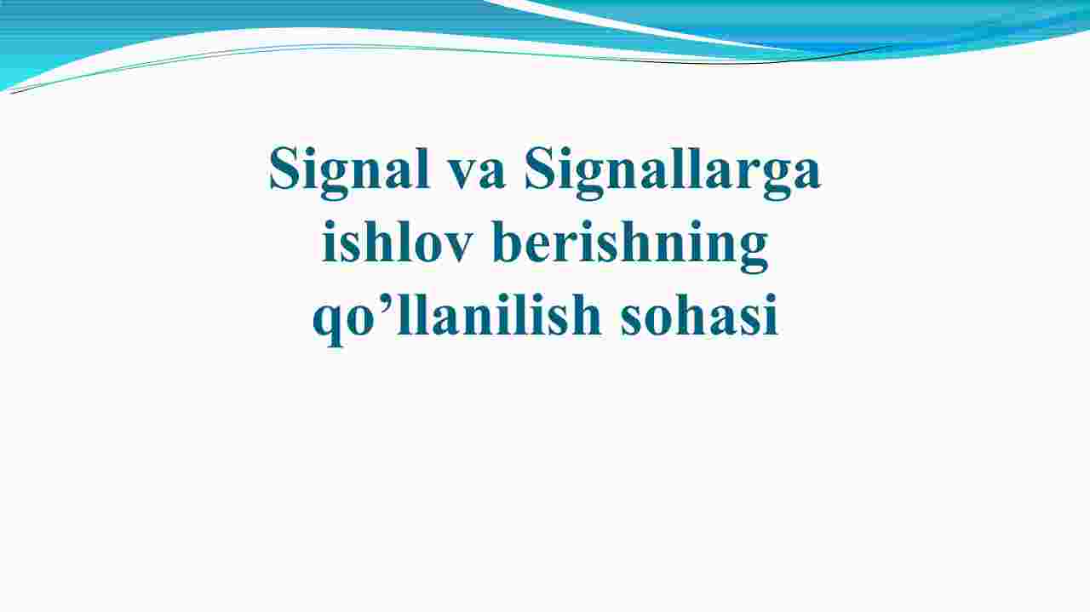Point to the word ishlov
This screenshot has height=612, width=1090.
pos(398,241)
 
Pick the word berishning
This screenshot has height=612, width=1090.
pos(630,246)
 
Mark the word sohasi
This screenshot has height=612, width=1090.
pos(699,314)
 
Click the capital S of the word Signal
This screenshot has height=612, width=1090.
pos(284,168)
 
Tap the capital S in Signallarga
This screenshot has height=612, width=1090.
pos(539,168)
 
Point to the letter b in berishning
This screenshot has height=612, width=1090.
pos(508,241)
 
